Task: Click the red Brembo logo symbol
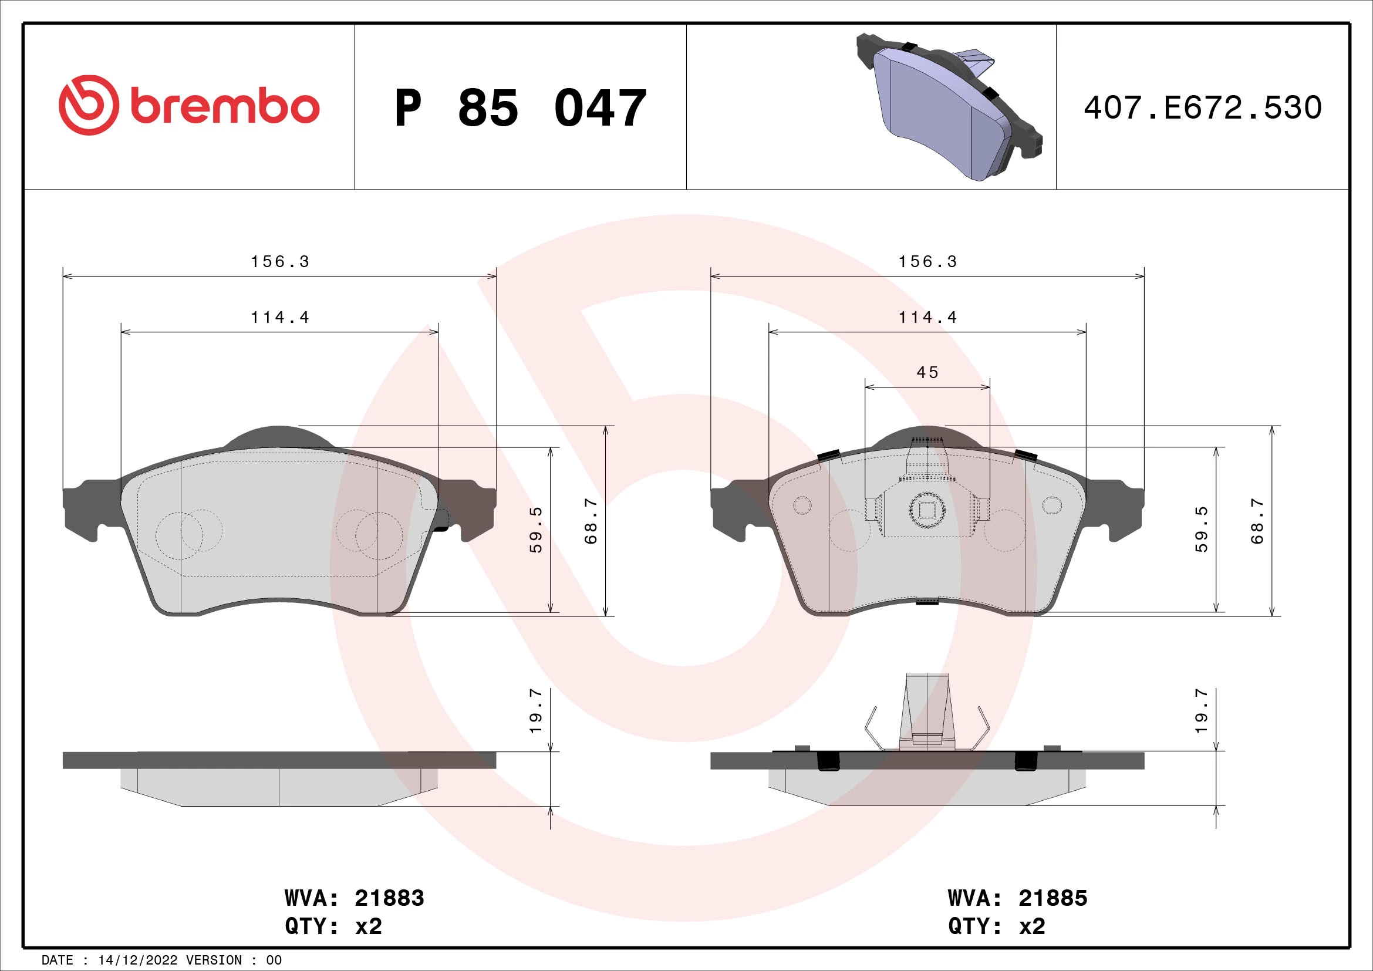[x=89, y=104]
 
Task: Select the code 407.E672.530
[x=1203, y=108]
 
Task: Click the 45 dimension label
[x=927, y=373]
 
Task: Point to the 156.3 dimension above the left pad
[x=280, y=262]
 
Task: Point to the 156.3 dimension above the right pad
[x=927, y=262]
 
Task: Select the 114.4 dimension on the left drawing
[x=280, y=318]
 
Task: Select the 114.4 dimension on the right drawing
[x=927, y=318]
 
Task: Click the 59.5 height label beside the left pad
[x=536, y=530]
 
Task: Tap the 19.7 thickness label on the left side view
[x=536, y=712]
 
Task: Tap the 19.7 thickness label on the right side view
[x=1202, y=712]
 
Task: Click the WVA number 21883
[x=389, y=898]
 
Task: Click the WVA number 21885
[x=1052, y=898]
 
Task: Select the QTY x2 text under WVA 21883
[x=333, y=926]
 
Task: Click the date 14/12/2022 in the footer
[x=137, y=960]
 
